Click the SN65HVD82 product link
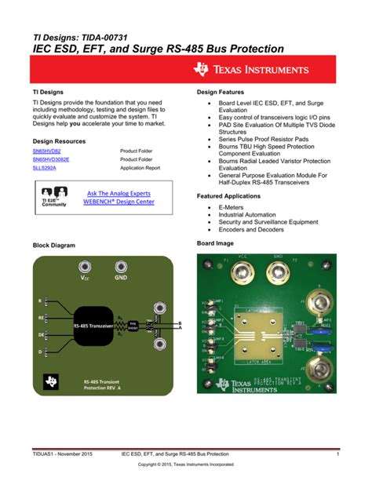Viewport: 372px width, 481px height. point(46,150)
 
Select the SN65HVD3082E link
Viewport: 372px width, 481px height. point(51,159)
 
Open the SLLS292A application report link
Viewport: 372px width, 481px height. point(46,167)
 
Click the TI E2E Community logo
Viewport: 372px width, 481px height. point(54,196)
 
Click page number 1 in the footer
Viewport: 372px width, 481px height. point(337,454)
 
